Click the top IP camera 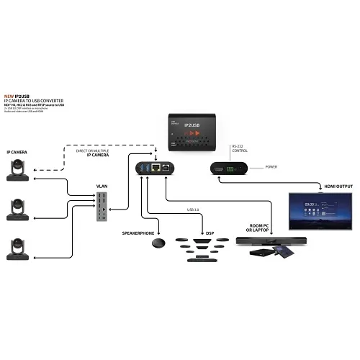(x=14, y=169)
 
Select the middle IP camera (x=14, y=208)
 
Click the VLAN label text (x=104, y=186)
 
